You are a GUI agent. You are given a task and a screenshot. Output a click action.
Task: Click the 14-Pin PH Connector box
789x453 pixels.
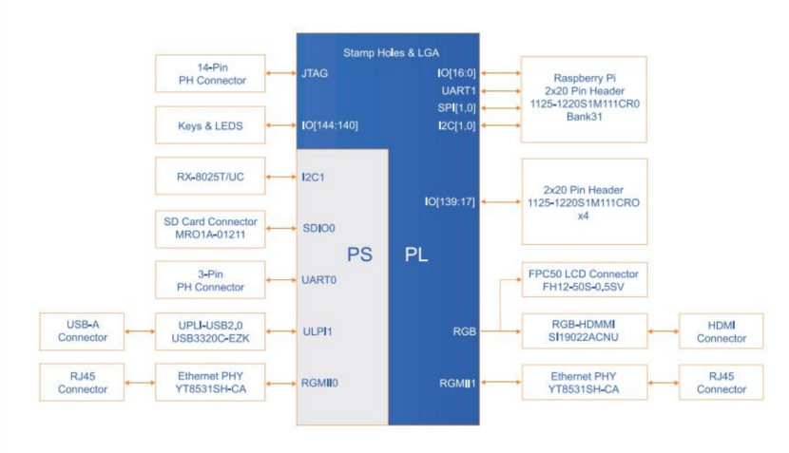tap(210, 74)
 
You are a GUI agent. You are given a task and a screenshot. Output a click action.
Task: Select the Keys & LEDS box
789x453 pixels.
tap(210, 125)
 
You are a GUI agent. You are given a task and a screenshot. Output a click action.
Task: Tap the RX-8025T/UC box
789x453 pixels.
tap(210, 177)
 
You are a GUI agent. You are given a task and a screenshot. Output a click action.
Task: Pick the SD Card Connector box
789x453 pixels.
tap(210, 228)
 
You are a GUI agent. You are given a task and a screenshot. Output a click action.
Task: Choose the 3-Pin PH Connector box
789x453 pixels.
tap(210, 280)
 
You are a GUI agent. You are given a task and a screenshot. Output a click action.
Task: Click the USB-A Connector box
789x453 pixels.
tap(83, 330)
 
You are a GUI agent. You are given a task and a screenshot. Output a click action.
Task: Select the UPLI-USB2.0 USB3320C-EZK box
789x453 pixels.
tap(210, 330)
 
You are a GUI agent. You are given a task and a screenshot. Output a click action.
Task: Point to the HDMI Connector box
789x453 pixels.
tap(722, 331)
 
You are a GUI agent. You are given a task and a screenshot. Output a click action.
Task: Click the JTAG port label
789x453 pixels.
tap(315, 73)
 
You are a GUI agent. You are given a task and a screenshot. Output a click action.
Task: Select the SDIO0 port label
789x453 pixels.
tap(318, 228)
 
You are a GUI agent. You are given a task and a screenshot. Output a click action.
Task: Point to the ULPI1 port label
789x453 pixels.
tap(317, 331)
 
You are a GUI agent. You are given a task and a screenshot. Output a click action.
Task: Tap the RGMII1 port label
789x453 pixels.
tap(457, 384)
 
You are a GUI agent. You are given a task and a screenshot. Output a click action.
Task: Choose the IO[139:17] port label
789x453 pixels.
tap(450, 201)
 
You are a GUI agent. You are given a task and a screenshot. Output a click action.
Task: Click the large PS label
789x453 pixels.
tap(358, 255)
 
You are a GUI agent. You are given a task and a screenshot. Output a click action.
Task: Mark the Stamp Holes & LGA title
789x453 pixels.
tap(392, 52)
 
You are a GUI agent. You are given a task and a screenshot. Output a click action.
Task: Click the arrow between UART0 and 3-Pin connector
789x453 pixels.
tap(280, 280)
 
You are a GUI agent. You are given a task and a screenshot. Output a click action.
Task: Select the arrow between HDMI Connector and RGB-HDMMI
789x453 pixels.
tap(663, 331)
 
